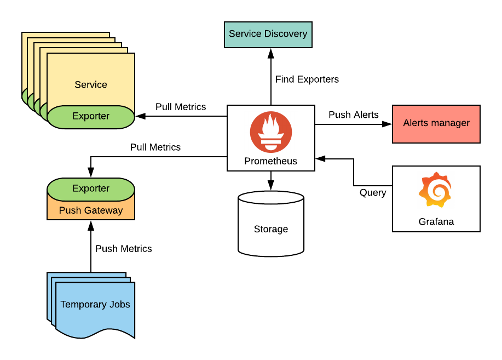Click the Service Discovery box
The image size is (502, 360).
[x=268, y=34]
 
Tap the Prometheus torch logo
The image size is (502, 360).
[x=271, y=132]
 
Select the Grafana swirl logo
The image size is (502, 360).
[x=436, y=190]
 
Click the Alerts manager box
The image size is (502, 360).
[x=436, y=123]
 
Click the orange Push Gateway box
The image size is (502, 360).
[x=91, y=210]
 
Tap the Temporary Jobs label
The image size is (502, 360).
[x=95, y=304]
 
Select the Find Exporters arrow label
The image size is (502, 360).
[x=307, y=79]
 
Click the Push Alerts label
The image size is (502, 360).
[x=353, y=115]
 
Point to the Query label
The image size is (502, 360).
[x=373, y=192]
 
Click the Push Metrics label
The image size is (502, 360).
[x=123, y=249]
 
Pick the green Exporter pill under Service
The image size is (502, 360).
[x=91, y=116]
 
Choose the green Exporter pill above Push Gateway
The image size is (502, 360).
[x=91, y=188]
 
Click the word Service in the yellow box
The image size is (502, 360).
[x=91, y=84]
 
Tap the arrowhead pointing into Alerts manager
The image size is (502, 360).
[x=388, y=124]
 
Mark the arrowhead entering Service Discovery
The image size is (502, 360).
[x=271, y=53]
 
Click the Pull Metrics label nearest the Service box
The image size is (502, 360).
[x=181, y=107]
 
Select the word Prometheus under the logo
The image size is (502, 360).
[x=271, y=161]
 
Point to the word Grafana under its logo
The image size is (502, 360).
[x=436, y=222]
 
